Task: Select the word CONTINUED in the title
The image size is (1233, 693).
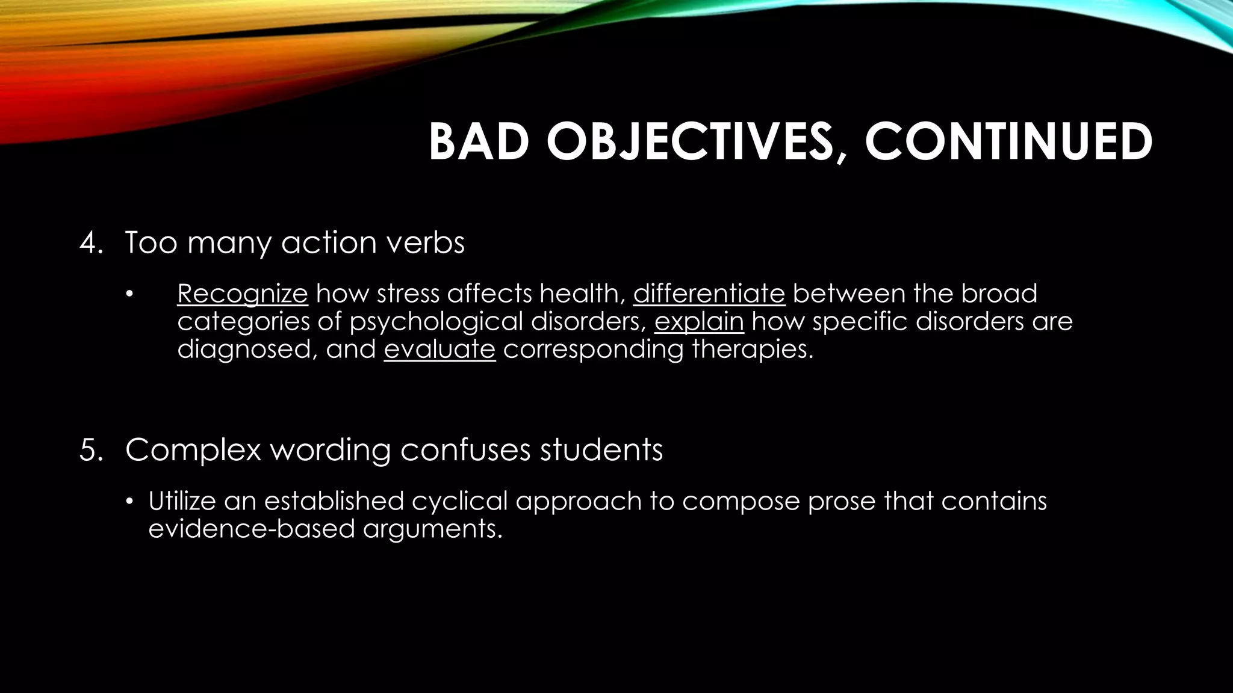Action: tap(1008, 143)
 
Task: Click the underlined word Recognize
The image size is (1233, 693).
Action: tap(242, 294)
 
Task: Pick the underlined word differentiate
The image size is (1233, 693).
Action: tap(709, 294)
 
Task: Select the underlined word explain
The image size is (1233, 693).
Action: tap(698, 322)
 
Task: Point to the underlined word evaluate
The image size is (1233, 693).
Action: tap(439, 350)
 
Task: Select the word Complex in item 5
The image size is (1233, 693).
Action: tap(193, 450)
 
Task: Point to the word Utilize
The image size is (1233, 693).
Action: tap(182, 501)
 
